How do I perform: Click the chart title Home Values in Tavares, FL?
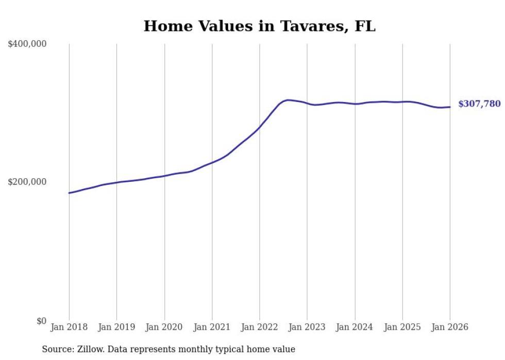[x=259, y=26]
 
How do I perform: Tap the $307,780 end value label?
[x=479, y=104]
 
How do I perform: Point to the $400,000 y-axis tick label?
[x=27, y=44]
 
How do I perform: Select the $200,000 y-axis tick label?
[x=27, y=182]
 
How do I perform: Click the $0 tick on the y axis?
[x=41, y=321]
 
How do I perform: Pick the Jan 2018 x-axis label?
[x=69, y=327]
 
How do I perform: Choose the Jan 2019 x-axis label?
[x=116, y=327]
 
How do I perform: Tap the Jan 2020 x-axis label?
[x=164, y=327]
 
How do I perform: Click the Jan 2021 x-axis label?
[x=212, y=327]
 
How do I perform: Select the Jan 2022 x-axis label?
[x=260, y=327]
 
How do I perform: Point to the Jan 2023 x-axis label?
[x=307, y=327]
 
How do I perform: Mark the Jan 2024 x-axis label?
[x=355, y=327]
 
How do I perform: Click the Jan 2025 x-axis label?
[x=402, y=327]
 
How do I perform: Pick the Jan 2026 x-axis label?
[x=450, y=327]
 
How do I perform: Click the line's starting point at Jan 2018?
[x=69, y=193]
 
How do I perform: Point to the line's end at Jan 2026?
[x=450, y=107]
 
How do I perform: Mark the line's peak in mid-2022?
[x=288, y=100]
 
